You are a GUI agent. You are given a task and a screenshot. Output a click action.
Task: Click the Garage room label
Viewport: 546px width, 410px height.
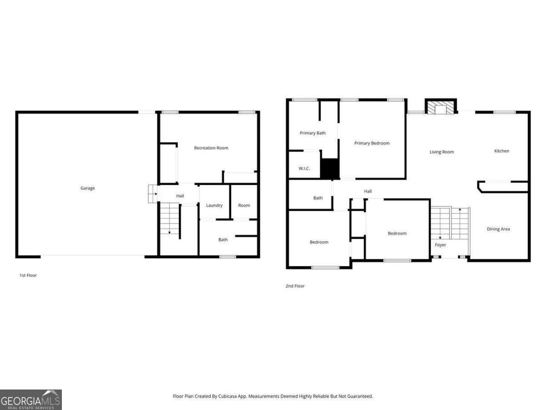point(88,188)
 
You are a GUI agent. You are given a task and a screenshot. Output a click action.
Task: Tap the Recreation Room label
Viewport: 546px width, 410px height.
point(211,148)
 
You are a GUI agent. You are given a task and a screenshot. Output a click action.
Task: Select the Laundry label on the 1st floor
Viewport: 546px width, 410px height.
point(214,205)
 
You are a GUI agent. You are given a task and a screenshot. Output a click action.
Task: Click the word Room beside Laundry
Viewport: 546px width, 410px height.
point(244,205)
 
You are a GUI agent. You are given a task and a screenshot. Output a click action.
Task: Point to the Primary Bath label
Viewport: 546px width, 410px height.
point(313,133)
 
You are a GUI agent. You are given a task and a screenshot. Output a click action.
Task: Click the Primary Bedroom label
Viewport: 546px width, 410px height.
point(372,143)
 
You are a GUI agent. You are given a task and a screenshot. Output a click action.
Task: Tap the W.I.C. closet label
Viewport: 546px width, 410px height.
point(304,169)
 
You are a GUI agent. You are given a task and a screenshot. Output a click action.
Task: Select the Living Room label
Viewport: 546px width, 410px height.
point(442,152)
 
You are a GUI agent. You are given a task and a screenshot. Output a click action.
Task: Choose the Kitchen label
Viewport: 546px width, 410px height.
point(502,151)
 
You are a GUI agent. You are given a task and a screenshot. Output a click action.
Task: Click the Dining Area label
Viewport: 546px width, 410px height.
point(498,229)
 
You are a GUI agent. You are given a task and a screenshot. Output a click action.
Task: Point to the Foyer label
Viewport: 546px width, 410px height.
point(440,245)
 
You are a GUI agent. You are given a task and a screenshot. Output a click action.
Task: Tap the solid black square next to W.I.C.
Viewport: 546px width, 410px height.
point(330,169)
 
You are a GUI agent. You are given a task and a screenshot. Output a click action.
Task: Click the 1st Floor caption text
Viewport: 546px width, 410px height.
point(28,276)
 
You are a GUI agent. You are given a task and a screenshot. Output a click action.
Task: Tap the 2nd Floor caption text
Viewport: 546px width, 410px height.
point(295,286)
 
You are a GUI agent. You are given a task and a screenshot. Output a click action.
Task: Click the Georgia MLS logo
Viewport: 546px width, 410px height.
point(30,400)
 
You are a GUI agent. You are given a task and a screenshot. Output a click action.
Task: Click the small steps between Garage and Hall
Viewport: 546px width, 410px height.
point(152,194)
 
